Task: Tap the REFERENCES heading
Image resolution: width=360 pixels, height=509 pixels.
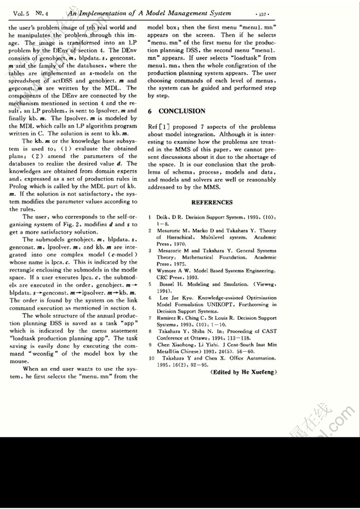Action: (212, 202)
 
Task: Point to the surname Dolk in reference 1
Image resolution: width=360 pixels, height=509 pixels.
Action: (163, 217)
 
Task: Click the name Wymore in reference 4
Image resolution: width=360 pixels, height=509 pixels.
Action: (168, 271)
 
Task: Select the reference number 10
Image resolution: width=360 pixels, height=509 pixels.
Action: (151, 359)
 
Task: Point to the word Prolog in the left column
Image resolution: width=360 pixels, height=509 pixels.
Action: (19, 187)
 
